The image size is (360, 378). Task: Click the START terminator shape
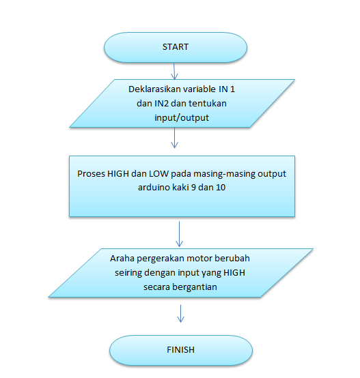[x=176, y=48]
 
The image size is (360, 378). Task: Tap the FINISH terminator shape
[x=181, y=350]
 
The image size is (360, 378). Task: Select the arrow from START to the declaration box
[x=174, y=72]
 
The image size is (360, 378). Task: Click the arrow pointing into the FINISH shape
[x=180, y=314]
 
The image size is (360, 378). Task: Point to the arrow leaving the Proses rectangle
[x=179, y=234]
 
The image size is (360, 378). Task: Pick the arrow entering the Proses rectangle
[x=174, y=138]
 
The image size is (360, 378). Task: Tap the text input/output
[x=182, y=118]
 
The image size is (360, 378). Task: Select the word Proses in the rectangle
[x=91, y=174]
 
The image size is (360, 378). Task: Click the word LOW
[x=158, y=174]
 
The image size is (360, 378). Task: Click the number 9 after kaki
[x=193, y=188]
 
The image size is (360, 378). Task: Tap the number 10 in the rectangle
[x=221, y=188]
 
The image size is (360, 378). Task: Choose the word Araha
[x=122, y=259]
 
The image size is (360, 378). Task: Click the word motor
[x=199, y=259]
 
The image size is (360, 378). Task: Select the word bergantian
[x=195, y=287]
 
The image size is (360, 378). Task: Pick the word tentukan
[x=208, y=104]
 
